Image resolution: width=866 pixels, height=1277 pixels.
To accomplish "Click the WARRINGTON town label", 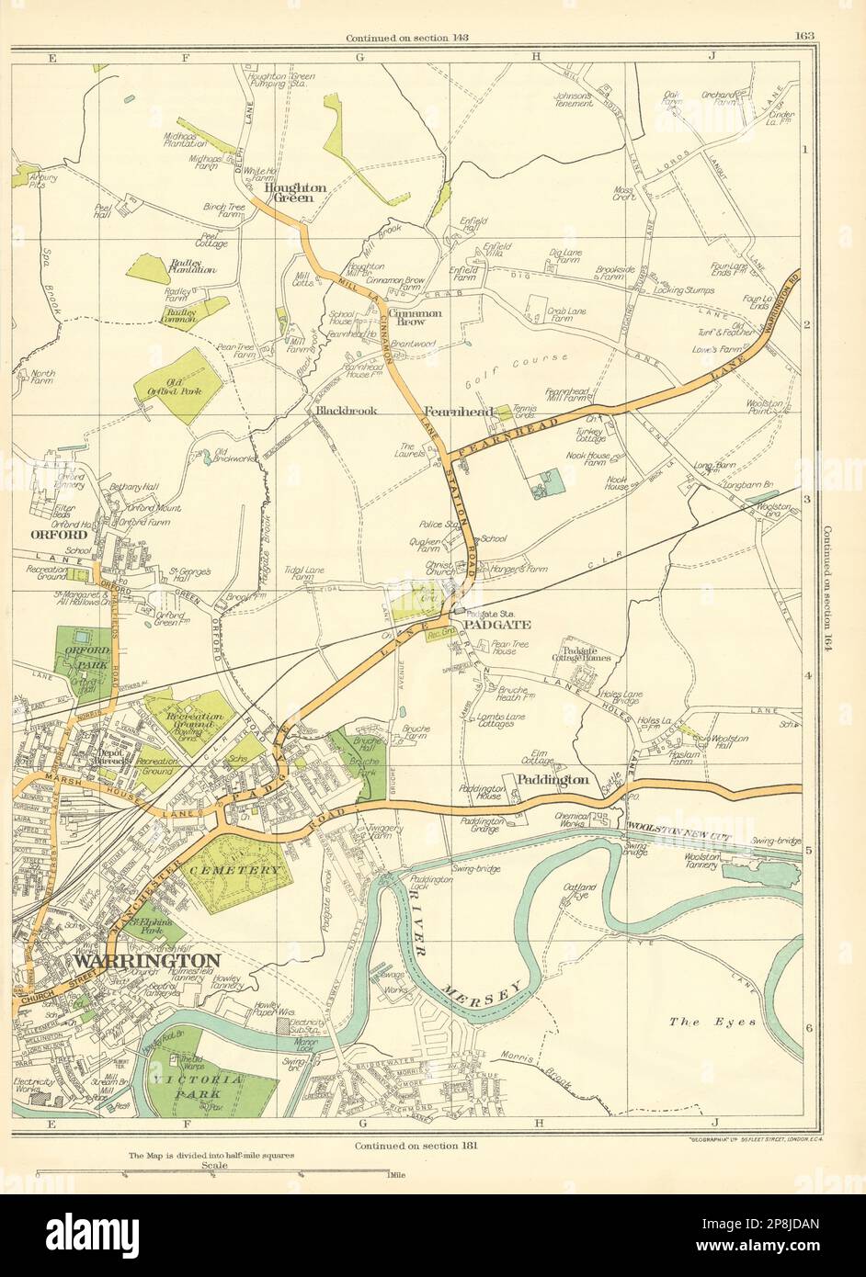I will [x=146, y=960].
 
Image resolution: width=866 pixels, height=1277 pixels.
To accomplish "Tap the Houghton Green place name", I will [x=294, y=191].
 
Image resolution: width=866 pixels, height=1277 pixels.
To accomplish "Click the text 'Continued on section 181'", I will [x=410, y=1146].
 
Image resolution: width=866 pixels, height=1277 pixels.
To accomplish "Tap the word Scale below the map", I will [x=212, y=1164].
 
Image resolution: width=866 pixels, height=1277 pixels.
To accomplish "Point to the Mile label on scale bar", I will [x=398, y=1174].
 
